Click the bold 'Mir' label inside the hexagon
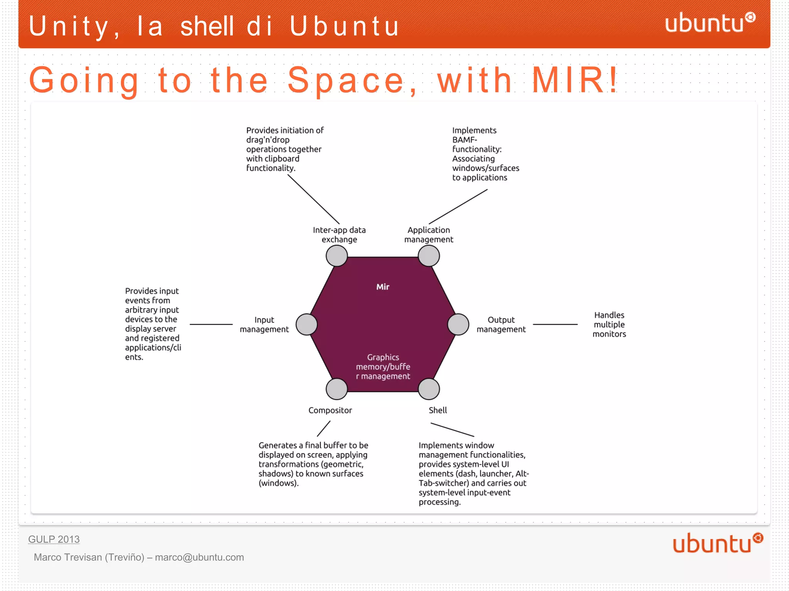tap(383, 287)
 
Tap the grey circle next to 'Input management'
tap(307, 324)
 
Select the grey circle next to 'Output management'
tap(458, 324)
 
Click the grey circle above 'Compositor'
tap(337, 389)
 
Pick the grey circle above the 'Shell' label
tap(429, 389)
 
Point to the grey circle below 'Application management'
tap(429, 256)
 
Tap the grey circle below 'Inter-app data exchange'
tap(337, 256)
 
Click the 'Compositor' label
tap(330, 410)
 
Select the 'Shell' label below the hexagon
tap(438, 410)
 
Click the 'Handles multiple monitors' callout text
tap(609, 325)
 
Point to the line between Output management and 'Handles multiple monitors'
tap(555, 325)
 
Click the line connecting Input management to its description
tap(211, 325)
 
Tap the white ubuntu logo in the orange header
tap(709, 23)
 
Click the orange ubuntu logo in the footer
tap(717, 543)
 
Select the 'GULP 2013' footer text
tap(54, 539)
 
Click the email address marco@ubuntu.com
tap(199, 557)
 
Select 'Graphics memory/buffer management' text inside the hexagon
tap(383, 367)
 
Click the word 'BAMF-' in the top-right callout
tap(465, 140)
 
